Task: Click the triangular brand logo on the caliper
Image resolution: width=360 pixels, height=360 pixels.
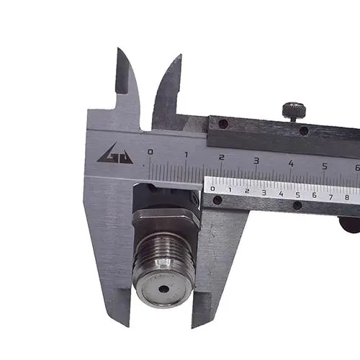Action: coord(115,155)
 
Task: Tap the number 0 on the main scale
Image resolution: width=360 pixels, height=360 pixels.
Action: coord(150,152)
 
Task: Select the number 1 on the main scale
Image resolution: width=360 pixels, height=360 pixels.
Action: coord(186,155)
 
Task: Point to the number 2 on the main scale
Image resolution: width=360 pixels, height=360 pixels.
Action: coord(222,158)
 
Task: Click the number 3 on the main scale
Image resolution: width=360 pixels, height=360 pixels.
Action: coord(256,161)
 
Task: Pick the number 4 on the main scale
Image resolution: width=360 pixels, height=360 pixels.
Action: coord(291,163)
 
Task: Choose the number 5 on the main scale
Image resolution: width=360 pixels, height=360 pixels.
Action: coord(325,166)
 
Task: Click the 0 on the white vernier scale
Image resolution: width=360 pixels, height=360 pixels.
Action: coord(212,189)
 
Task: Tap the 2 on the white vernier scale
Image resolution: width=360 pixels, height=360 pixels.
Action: coord(247,192)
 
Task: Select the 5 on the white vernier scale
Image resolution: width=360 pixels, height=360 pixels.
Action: coord(298,195)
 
